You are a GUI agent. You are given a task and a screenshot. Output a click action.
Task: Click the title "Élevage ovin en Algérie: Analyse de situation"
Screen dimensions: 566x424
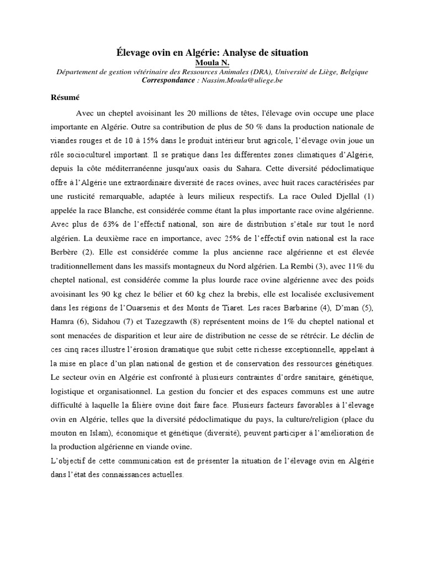tap(212, 53)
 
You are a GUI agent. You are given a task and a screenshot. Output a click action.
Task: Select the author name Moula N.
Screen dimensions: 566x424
tap(212, 62)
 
